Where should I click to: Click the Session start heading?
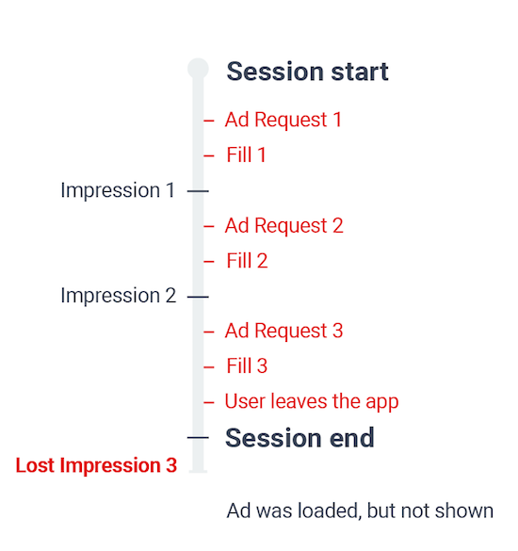pos(307,72)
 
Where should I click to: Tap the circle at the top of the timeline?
pos(198,69)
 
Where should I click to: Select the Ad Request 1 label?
pos(283,120)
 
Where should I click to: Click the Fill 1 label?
pos(246,155)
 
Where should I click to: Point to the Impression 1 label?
pos(118,190)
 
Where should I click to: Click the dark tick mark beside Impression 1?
pos(198,191)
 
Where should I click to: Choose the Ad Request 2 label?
pos(283,226)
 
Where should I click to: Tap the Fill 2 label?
pos(247,261)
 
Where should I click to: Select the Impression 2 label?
pos(119,296)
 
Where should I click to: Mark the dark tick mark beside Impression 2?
pos(198,297)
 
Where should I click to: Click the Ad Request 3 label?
pos(283,331)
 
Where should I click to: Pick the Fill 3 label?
pos(247,365)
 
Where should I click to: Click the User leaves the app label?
pos(312,401)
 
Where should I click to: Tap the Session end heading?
pos(299,438)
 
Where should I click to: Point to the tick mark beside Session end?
pos(198,437)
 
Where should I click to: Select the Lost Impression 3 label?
pos(96,465)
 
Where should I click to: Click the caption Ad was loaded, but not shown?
pos(360,510)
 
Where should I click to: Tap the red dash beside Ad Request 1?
pos(209,121)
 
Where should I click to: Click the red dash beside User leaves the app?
pos(209,402)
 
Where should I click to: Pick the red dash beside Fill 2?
pos(209,262)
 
